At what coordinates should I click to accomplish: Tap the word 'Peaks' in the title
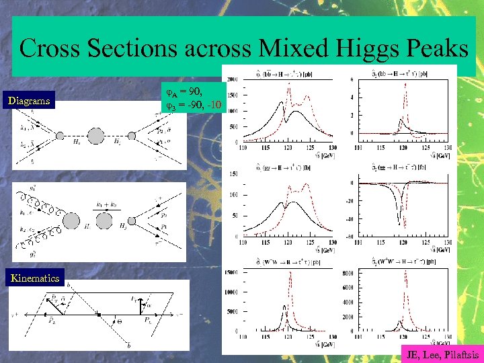click(x=436, y=48)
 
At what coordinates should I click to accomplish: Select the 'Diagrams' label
click(x=29, y=102)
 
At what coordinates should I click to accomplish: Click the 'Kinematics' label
click(x=34, y=278)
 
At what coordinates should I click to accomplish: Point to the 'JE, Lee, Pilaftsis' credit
click(x=440, y=354)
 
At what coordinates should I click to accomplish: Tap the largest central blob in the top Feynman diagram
click(x=96, y=137)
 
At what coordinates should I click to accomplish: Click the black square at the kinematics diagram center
click(x=99, y=313)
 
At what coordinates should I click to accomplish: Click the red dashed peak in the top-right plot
click(x=405, y=84)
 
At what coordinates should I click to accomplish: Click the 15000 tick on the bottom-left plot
click(x=231, y=272)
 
